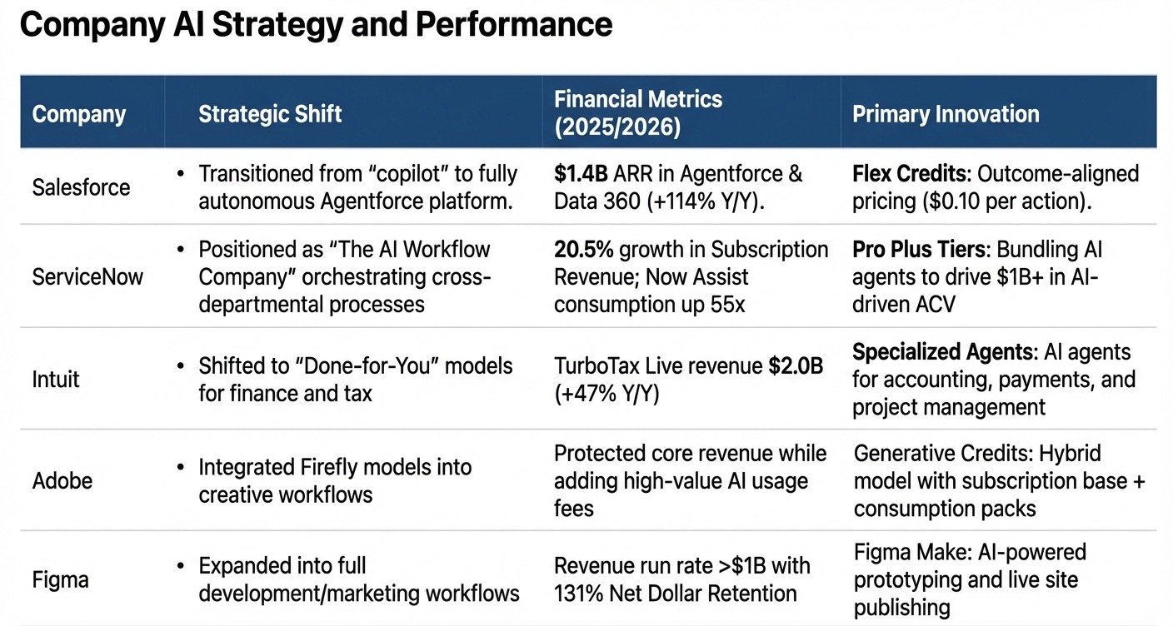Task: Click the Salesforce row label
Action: tap(81, 187)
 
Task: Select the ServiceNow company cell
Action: tap(87, 277)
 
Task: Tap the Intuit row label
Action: tap(56, 380)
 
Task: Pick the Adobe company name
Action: tap(62, 481)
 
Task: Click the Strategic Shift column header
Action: tap(270, 114)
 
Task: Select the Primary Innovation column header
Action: tap(946, 114)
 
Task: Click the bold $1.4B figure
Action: tap(581, 174)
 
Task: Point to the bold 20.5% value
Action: tap(583, 250)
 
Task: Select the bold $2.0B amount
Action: tap(796, 366)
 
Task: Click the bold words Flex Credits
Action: tap(909, 174)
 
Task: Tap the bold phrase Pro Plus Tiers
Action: tap(919, 250)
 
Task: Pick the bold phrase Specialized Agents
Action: tap(942, 352)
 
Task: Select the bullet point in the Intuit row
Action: tap(181, 365)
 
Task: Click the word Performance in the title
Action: tap(514, 25)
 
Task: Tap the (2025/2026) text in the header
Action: tap(617, 127)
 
